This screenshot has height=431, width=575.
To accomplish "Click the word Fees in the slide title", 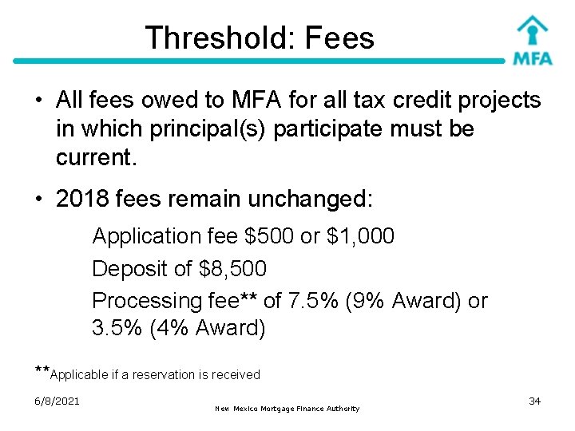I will pos(339,38).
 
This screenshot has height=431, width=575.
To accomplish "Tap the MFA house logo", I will pos(532,40).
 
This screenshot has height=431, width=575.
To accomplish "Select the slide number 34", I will pos(535,401).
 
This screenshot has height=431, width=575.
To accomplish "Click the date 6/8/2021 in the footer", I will pos(57,401).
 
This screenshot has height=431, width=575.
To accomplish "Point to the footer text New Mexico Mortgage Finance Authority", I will pos(287,409).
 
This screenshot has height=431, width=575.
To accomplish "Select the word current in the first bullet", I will pos(96,157).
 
